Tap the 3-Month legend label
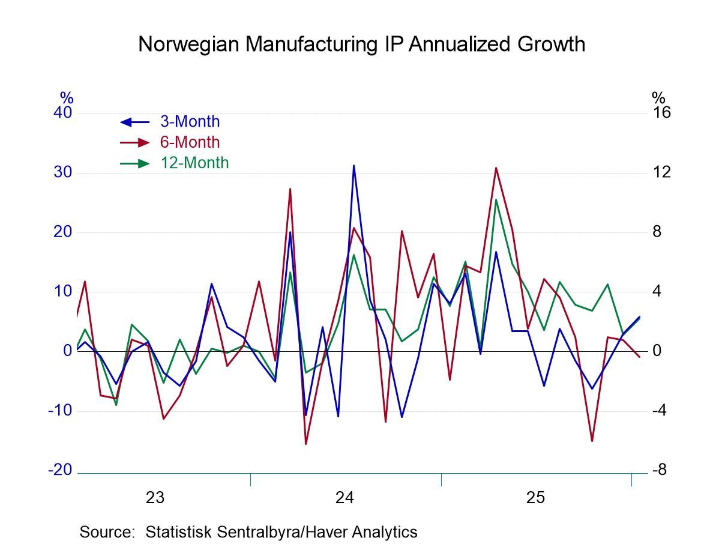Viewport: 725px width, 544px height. coord(190,122)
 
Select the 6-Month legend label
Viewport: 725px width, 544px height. coord(190,142)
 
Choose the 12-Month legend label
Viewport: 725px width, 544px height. coord(194,163)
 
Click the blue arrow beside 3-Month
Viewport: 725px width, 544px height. coord(134,122)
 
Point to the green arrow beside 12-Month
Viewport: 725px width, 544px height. coord(134,163)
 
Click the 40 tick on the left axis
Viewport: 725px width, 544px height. coord(62,113)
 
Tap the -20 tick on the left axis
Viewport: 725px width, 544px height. coord(60,470)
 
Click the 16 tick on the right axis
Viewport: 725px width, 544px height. coord(661,113)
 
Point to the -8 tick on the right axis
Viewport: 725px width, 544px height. coord(659,470)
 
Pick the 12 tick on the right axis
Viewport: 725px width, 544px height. coord(661,172)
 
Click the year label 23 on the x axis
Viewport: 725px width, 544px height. coord(155,498)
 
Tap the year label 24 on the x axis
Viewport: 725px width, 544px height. coord(345,498)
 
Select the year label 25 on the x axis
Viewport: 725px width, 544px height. coord(536,498)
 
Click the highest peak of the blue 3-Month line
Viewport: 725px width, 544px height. coord(354,165)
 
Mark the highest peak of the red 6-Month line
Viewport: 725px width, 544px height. coord(496,168)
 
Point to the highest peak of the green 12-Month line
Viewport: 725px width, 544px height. coord(496,199)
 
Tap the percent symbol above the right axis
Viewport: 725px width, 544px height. coord(658,97)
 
